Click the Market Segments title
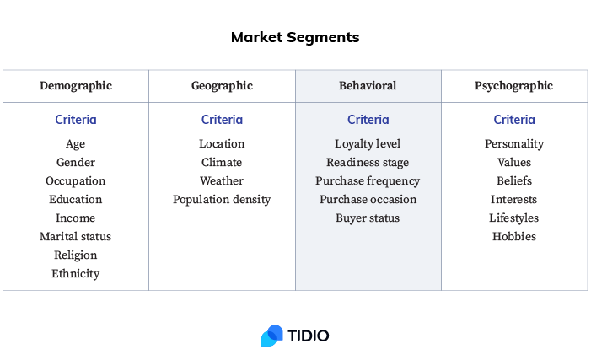(295, 37)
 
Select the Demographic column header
(76, 86)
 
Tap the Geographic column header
(222, 86)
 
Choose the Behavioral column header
(368, 85)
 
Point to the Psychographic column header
(513, 86)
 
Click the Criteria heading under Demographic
(76, 120)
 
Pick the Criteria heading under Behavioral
(368, 120)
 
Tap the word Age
(75, 144)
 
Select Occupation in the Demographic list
(75, 181)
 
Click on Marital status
(75, 236)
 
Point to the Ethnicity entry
(75, 274)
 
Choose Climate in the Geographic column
(222, 162)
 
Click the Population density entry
(222, 200)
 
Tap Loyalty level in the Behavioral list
(368, 144)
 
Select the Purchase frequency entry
(368, 181)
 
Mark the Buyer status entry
(368, 218)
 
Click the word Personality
(514, 144)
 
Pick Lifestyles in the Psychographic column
(513, 218)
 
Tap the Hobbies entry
(514, 236)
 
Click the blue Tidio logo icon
(271, 336)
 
